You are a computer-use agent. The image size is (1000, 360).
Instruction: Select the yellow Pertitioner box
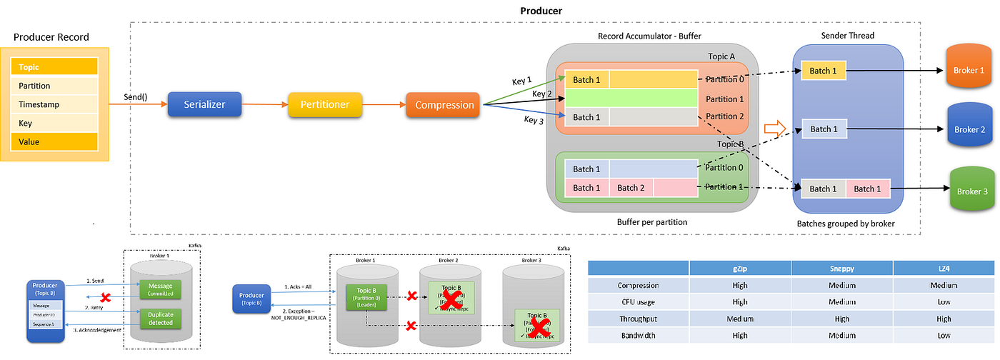(324, 104)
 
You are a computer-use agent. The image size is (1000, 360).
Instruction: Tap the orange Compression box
(444, 105)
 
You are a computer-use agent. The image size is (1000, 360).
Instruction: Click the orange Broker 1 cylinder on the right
(969, 71)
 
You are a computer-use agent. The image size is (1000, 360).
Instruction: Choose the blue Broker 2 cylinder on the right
(969, 129)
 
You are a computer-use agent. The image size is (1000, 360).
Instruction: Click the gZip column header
(740, 267)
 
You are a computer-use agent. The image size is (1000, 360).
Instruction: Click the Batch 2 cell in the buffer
(631, 188)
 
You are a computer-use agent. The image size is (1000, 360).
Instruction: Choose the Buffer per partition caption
(652, 222)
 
